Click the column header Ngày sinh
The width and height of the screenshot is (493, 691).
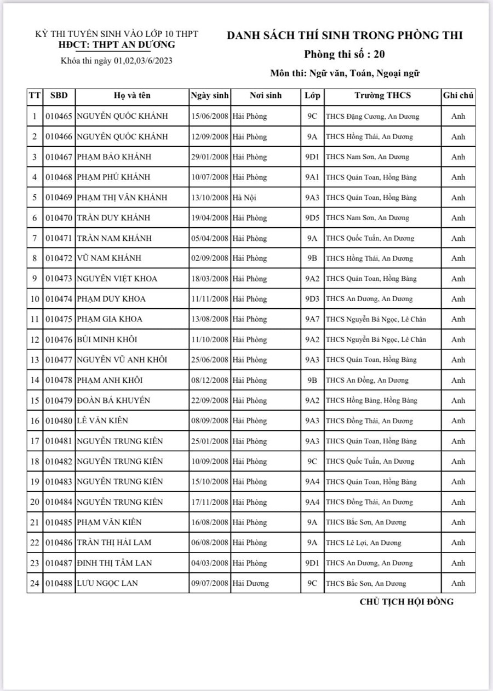(210, 95)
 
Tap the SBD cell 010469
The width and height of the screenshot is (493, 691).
(59, 198)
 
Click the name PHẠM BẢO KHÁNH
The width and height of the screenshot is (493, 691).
(114, 157)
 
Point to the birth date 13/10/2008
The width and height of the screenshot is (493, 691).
(210, 198)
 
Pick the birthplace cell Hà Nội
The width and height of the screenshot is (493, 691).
(244, 198)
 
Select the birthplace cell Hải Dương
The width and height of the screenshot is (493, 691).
(250, 584)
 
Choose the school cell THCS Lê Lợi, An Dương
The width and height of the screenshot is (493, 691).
(363, 543)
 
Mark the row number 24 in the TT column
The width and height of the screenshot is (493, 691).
(35, 584)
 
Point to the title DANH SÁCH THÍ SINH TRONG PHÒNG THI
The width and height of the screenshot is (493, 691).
(345, 36)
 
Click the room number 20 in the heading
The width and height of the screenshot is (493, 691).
(383, 54)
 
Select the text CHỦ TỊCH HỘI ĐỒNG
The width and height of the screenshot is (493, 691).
(406, 602)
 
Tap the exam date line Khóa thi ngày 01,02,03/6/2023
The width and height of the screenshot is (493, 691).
(117, 61)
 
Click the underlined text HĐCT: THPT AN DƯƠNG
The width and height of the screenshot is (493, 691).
(117, 45)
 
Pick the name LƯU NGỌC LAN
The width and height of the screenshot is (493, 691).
(107, 584)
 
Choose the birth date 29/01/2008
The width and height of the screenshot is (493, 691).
(210, 157)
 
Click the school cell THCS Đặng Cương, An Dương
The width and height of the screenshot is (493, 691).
(372, 117)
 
